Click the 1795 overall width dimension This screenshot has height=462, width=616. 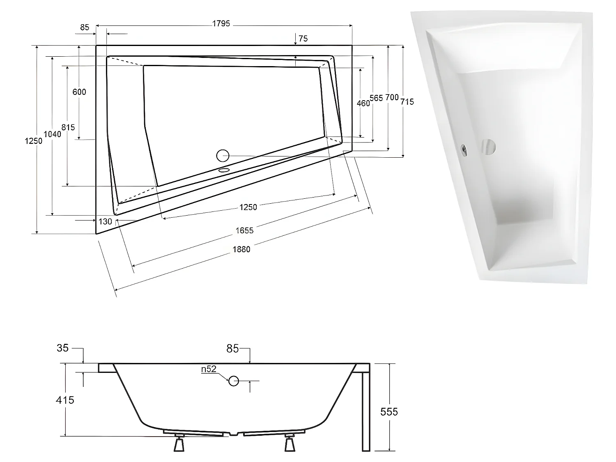pos(221,24)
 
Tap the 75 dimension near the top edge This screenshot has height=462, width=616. pos(303,39)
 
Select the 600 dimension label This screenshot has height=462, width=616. pos(79,92)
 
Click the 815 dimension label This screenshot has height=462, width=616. pos(68,127)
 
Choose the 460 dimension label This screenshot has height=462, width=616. pos(363,103)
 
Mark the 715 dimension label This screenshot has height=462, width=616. pos(407,101)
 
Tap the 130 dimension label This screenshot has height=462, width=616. pos(106,221)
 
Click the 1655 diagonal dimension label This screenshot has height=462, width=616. pos(244,230)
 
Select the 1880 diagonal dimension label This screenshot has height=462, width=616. pos(241,249)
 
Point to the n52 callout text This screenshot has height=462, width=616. pos(209,369)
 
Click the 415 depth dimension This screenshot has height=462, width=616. pos(65,400)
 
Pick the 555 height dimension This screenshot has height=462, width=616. pos(389,411)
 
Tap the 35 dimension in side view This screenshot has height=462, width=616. pos(62,348)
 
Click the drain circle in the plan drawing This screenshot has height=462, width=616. pos(223,156)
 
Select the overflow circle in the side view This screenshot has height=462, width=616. pos(234,381)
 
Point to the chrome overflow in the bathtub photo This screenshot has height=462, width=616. pos(464,149)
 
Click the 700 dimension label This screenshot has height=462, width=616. pos(392,97)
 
